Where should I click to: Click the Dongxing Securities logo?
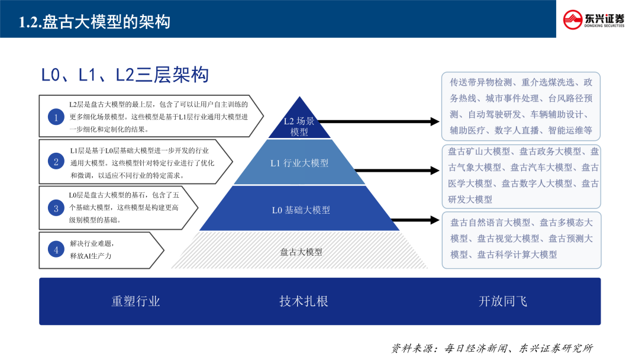pos(593,19)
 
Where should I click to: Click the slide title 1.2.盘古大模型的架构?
pos(95,22)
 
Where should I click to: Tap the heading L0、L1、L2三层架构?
pos(125,75)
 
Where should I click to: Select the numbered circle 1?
pos(56,117)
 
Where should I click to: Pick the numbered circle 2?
pos(56,161)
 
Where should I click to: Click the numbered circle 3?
pos(56,208)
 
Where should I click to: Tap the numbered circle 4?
pos(56,250)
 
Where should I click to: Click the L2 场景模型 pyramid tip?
pos(299,126)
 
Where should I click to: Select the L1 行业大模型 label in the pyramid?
pos(299,163)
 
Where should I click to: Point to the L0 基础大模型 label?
pos(301,210)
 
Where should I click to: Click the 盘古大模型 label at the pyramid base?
pos(301,252)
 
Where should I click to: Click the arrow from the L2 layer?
pos(379,121)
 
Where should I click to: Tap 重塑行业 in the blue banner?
pos(135,301)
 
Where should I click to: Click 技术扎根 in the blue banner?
pos(304,301)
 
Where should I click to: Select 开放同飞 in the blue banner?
pos(502,301)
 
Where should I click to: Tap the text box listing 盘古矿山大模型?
pos(521,175)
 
